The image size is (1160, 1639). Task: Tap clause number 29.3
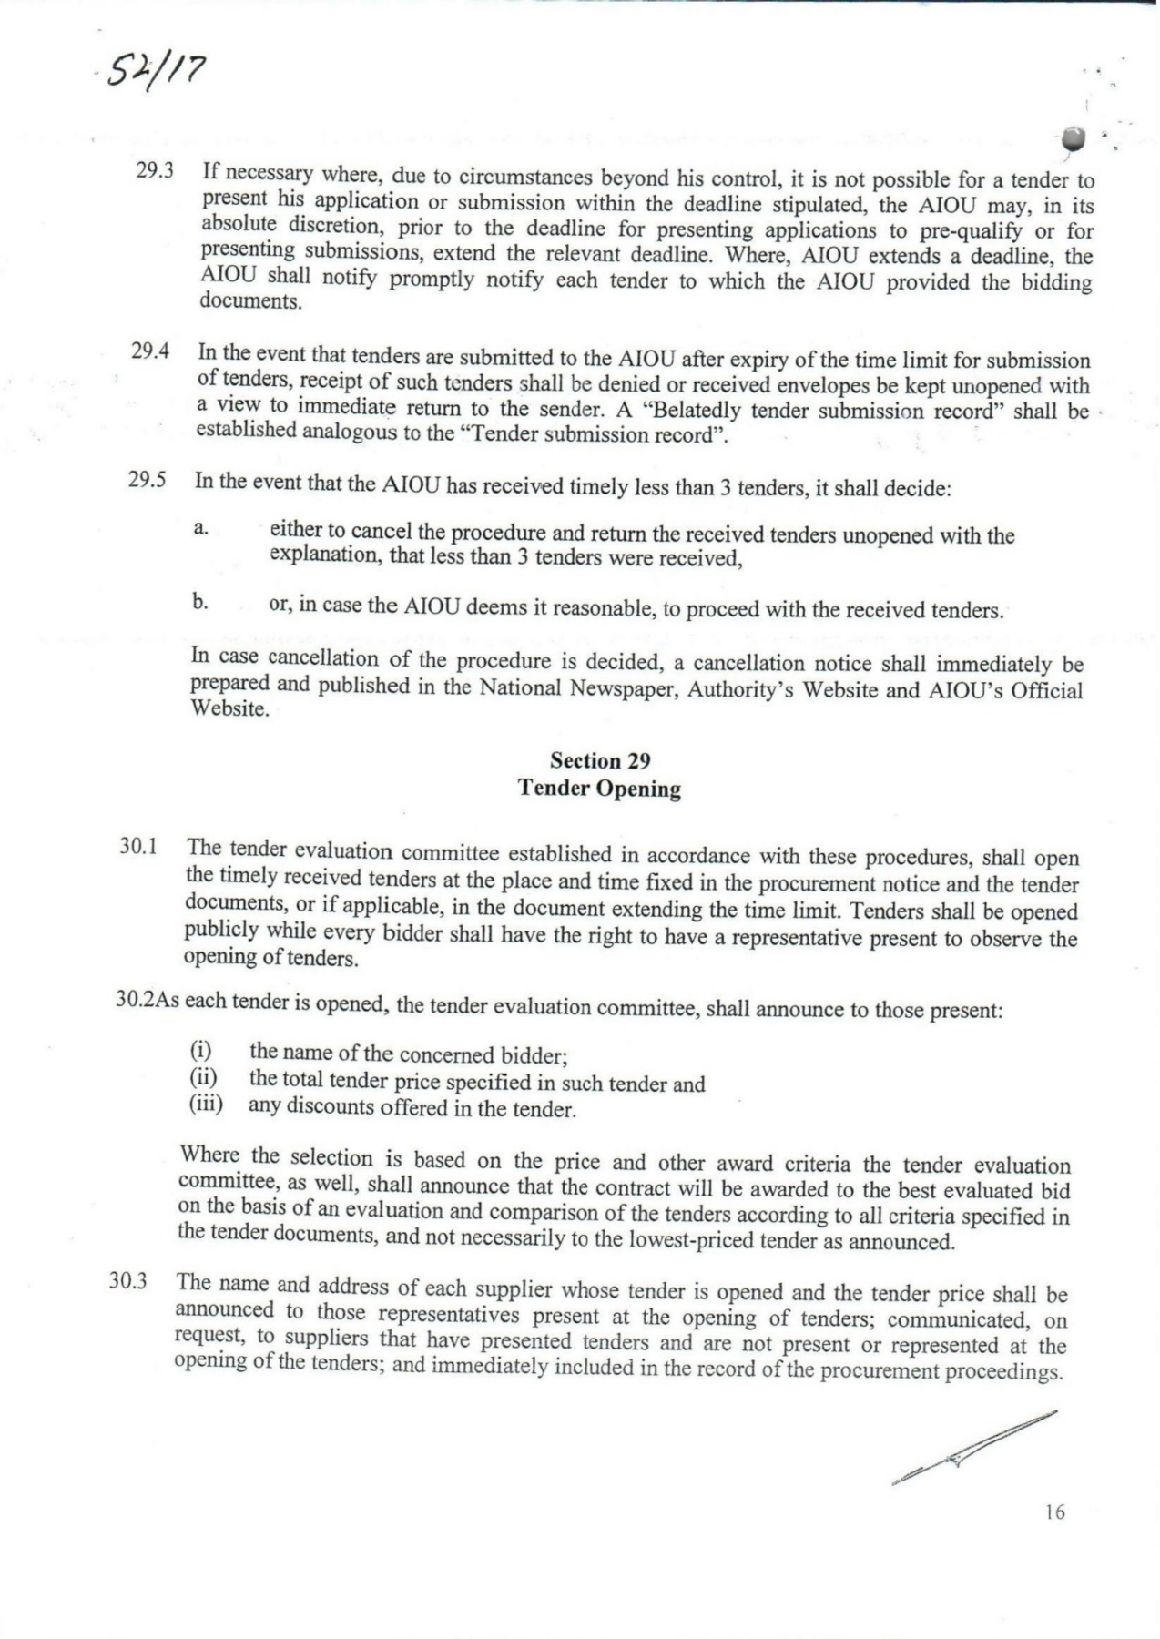(x=155, y=171)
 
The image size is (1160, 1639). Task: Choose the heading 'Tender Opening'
(x=599, y=788)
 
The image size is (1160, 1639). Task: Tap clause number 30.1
(x=139, y=846)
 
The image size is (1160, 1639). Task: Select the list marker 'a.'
(x=200, y=528)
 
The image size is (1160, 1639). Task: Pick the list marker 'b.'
(x=200, y=602)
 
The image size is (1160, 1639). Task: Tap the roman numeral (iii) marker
(x=206, y=1105)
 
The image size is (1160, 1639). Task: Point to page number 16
(x=1054, y=1513)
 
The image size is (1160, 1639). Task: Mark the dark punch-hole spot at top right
(x=1075, y=138)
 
